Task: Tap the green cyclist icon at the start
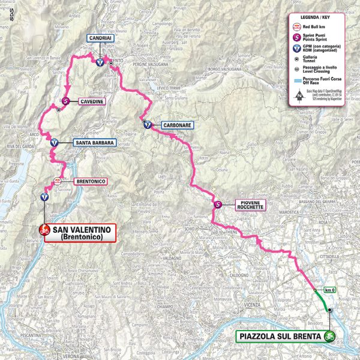[329, 337]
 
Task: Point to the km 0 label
[329, 290]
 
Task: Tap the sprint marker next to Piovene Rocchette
[218, 205]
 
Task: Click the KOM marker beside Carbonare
[147, 125]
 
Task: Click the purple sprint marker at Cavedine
[65, 101]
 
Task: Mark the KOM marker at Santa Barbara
[54, 143]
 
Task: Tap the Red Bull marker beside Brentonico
[57, 180]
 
